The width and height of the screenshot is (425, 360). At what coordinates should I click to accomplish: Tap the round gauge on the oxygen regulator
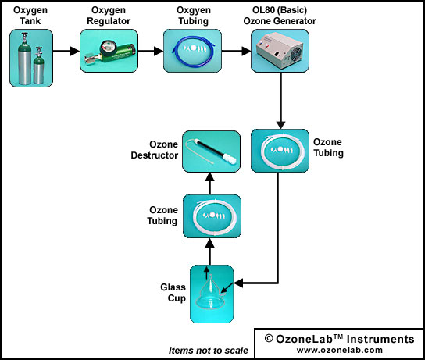coord(107,48)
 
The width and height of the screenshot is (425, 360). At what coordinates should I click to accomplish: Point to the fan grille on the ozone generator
coord(296,55)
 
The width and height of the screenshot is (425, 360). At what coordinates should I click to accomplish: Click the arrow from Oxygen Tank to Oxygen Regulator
coord(66,51)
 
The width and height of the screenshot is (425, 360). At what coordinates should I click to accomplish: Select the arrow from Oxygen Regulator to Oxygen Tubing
coord(151,51)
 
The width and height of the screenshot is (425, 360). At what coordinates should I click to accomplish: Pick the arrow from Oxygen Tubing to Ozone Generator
coord(236,51)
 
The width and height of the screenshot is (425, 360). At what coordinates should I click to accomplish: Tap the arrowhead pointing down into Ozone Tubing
coord(280,125)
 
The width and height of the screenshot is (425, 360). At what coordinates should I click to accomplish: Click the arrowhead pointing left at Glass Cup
coord(238,283)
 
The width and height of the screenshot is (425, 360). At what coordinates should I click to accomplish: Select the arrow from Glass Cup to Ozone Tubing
coord(210,251)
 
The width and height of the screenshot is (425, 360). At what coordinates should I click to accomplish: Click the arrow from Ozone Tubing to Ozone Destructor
coord(210,184)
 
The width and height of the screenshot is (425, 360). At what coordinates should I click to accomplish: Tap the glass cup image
coord(211,296)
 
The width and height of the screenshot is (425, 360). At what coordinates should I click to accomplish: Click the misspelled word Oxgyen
coord(194,10)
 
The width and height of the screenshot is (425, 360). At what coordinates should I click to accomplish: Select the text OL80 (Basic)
coord(280,10)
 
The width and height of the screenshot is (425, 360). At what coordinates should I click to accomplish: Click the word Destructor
coord(155,155)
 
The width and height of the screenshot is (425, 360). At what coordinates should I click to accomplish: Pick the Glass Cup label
coord(173,293)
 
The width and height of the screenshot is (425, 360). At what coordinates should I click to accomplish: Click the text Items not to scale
coord(208,351)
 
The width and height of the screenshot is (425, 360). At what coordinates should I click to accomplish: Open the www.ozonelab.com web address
coord(340,350)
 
